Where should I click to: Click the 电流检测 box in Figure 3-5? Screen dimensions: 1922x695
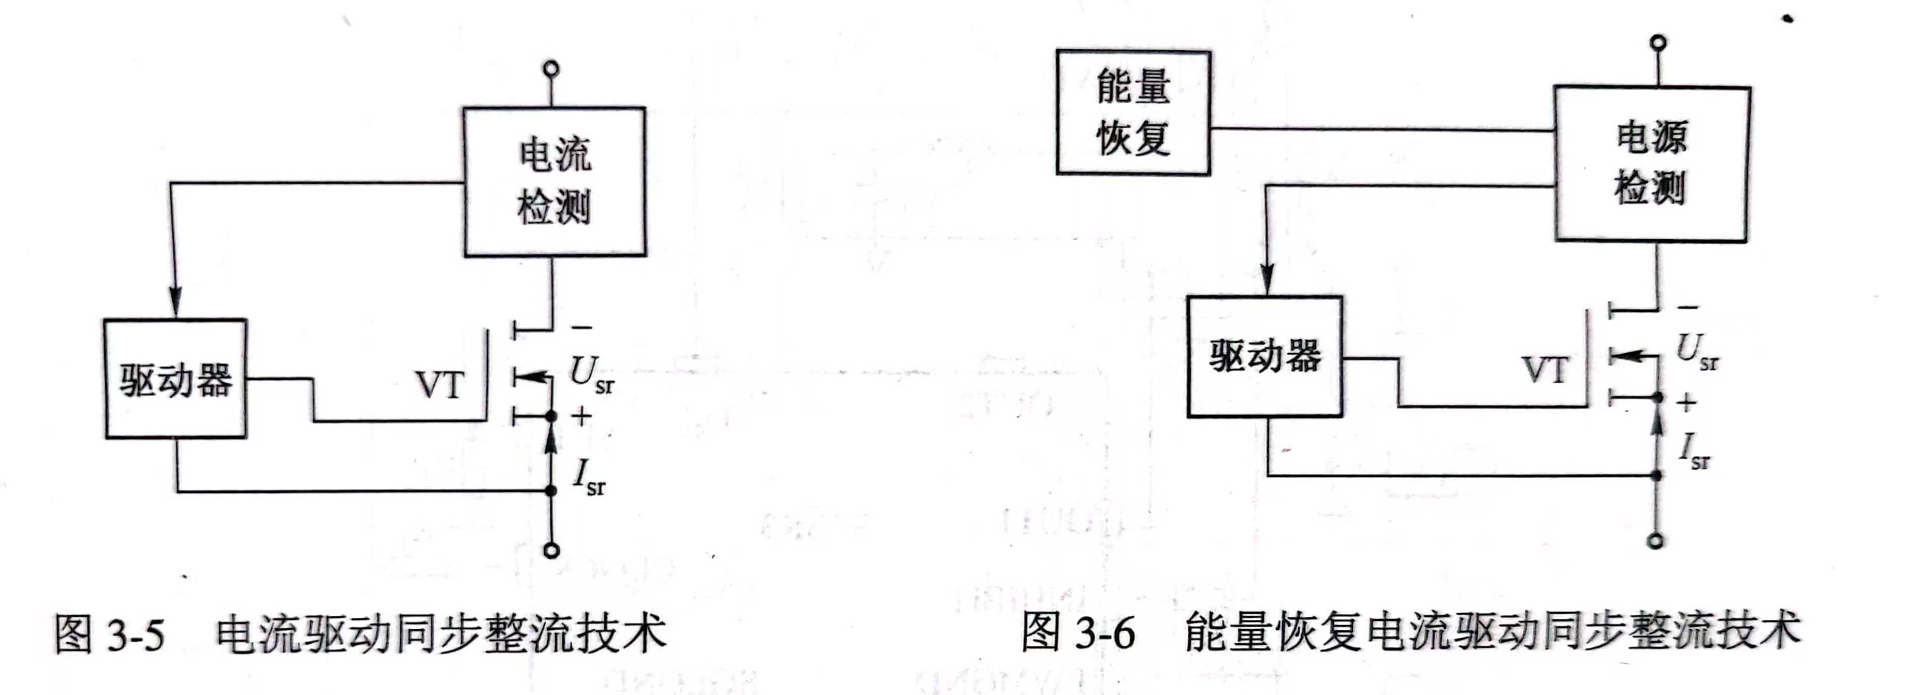[x=555, y=181]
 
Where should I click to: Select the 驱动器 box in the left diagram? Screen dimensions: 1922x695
[x=176, y=379]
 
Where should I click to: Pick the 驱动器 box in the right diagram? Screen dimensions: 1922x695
[x=1264, y=356]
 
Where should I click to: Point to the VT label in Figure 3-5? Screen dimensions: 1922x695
[x=440, y=385]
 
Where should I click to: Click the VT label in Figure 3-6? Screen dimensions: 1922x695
[x=1545, y=370]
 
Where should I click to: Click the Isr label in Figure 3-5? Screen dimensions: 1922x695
[x=589, y=477]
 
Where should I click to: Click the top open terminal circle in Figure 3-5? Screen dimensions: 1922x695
[x=551, y=69]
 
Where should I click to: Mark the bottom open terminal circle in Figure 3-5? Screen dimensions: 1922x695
[x=551, y=551]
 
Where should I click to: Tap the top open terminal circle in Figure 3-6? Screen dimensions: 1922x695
[x=1658, y=42]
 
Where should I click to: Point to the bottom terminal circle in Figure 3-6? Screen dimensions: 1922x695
[x=1656, y=541]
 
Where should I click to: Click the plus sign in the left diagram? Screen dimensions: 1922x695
[x=581, y=416]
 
